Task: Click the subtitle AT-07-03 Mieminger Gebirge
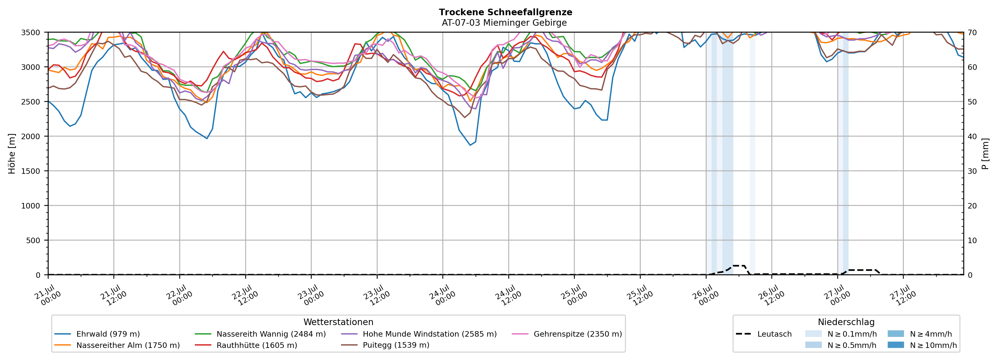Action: pos(504,23)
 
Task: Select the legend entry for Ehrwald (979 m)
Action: pos(97,334)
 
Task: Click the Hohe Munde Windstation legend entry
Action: pos(419,334)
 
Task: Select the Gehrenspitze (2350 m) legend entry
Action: pos(567,334)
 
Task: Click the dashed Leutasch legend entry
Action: pos(764,334)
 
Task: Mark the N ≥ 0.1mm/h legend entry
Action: pos(841,334)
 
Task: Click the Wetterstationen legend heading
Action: pos(338,322)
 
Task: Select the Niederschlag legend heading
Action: pos(846,322)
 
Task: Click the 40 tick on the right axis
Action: pos(972,136)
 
